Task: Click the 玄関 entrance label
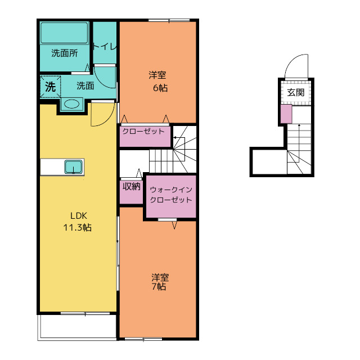coord(296,92)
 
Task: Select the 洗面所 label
coord(65,53)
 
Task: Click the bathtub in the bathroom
coord(64,33)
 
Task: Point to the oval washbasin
coord(72,104)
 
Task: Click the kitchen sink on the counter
coord(73,166)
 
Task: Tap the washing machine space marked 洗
coord(51,87)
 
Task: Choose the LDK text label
coord(79,216)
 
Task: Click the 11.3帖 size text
coord(78,227)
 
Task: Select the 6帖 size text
coord(160,88)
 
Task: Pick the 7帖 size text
coord(159,287)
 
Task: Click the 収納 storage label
coord(131,186)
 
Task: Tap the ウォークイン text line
coord(171,190)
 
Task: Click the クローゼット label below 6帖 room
coord(143,131)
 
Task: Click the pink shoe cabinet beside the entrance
coord(286,114)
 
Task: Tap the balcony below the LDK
coord(77,327)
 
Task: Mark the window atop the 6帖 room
coord(169,20)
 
